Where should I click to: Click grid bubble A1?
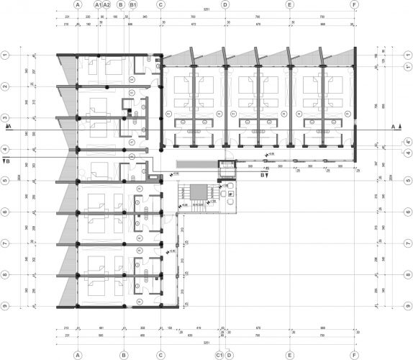[98, 4]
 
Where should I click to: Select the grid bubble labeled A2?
[107, 4]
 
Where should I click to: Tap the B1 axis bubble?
[134, 4]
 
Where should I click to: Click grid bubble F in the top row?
[354, 4]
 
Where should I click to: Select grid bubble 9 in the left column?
[4, 306]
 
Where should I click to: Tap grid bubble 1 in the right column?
[408, 55]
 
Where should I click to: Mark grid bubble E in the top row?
[289, 4]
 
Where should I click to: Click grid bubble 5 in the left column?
[4, 181]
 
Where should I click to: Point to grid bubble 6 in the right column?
[408, 212]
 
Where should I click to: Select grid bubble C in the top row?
[160, 4]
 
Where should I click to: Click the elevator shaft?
[225, 168]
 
